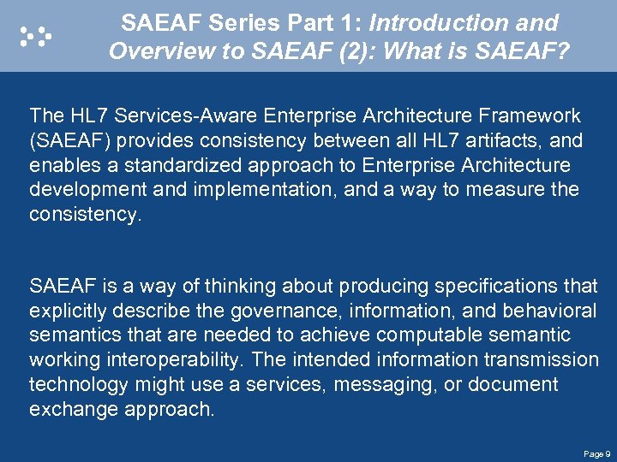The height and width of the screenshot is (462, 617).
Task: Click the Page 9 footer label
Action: [596, 453]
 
